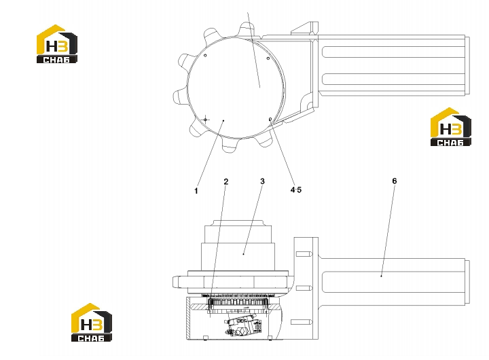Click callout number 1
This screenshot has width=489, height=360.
pyautogui.click(x=196, y=191)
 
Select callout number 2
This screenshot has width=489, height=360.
pyautogui.click(x=226, y=181)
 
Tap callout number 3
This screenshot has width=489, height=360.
pyautogui.click(x=262, y=181)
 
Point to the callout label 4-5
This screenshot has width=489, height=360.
pyautogui.click(x=296, y=190)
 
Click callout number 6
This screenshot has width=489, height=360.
pyautogui.click(x=395, y=181)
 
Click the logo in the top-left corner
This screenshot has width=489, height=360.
pyautogui.click(x=57, y=43)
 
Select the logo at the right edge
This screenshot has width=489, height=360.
pyautogui.click(x=451, y=126)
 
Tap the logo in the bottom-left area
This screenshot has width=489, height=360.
pyautogui.click(x=92, y=322)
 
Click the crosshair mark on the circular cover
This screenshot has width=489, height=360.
pyautogui.click(x=206, y=120)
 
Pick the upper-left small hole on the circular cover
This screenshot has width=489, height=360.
pyautogui.click(x=205, y=56)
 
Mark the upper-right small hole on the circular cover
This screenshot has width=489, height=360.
pyautogui.click(x=268, y=58)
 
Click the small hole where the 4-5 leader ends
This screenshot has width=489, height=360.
pyautogui.click(x=270, y=119)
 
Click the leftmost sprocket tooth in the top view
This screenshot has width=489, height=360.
pyautogui.click(x=180, y=96)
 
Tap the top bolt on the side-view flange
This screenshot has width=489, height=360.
pyautogui.click(x=304, y=254)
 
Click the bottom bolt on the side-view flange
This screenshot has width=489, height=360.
pyautogui.click(x=302, y=322)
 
